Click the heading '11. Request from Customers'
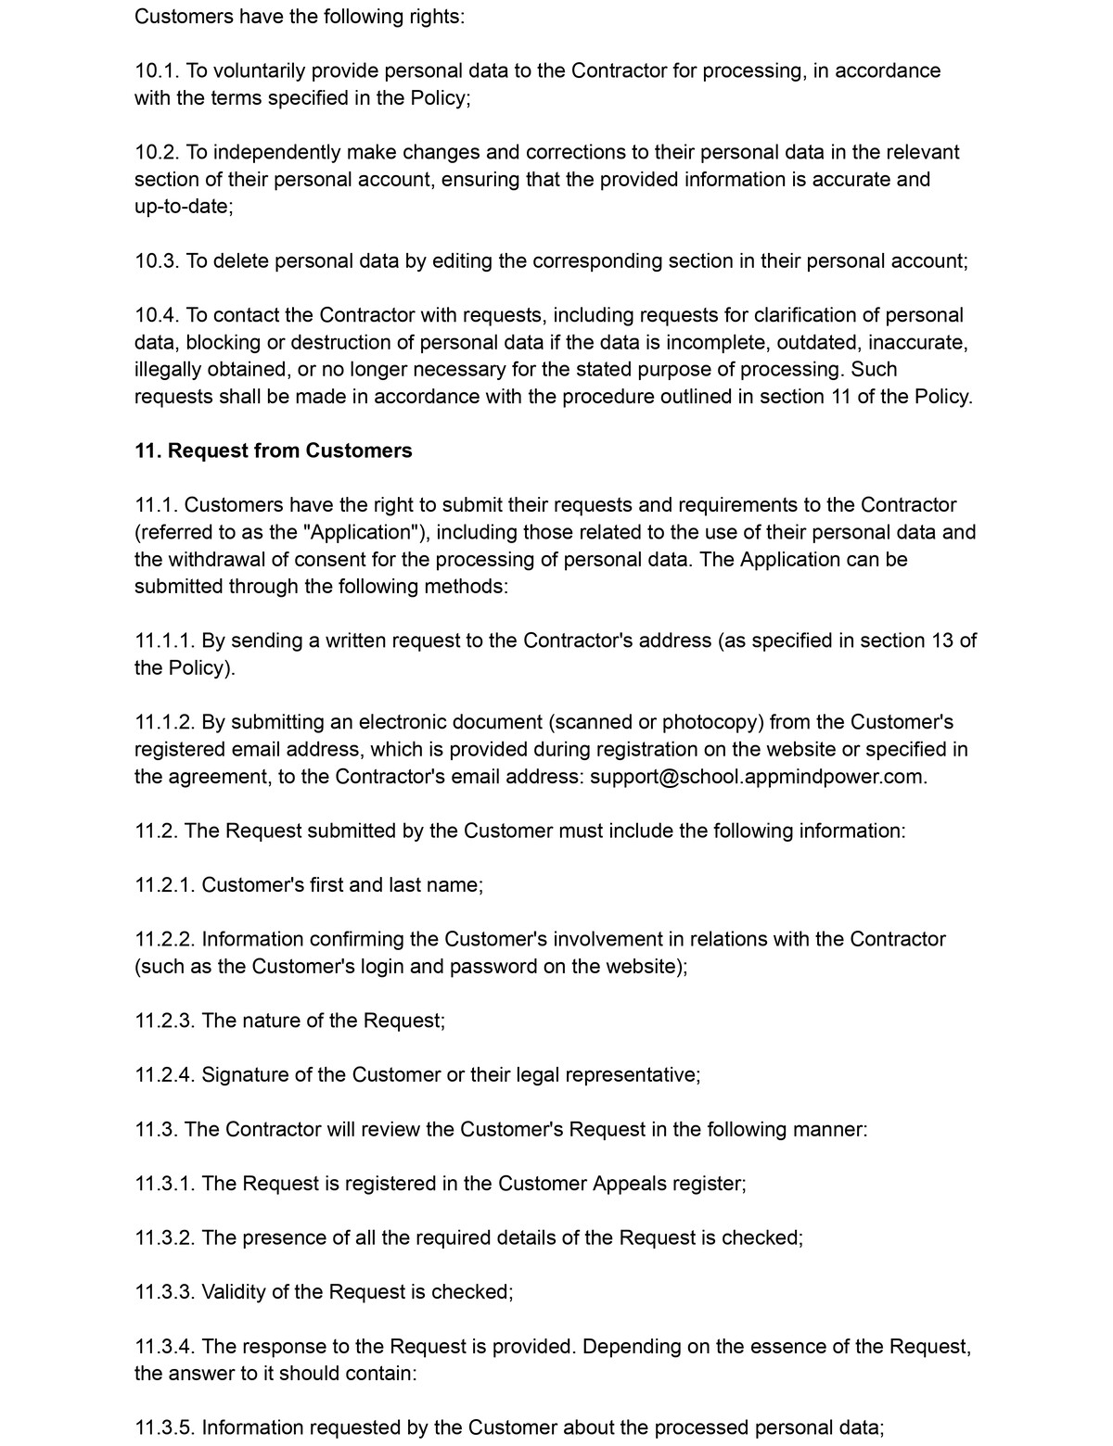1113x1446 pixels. (274, 450)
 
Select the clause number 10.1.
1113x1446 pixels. (157, 70)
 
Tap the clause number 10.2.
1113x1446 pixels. (157, 152)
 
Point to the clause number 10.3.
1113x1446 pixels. (157, 260)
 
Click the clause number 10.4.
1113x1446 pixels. (157, 315)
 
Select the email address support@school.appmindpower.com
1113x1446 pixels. (758, 777)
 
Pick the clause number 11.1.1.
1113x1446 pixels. (164, 641)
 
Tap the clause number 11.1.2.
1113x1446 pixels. (164, 722)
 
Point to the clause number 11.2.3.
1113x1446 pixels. (164, 1021)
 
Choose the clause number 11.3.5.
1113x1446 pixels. (164, 1427)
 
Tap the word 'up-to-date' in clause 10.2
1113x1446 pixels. (182, 207)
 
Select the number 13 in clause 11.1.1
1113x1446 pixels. (942, 641)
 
